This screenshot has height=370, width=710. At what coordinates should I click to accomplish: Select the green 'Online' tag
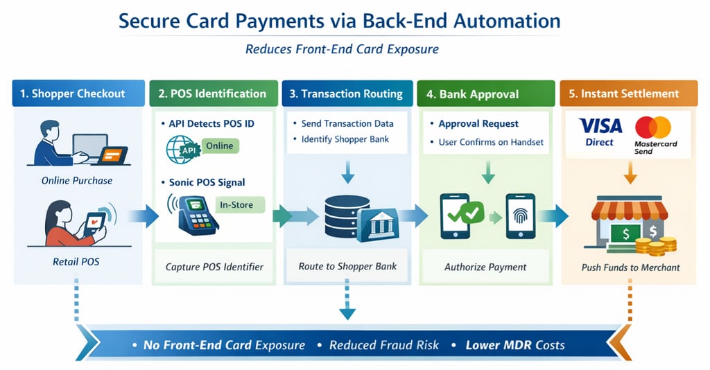point(220,146)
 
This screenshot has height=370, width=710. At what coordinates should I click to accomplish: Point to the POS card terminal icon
point(195,215)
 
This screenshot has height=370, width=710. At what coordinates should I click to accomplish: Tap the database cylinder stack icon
point(347,216)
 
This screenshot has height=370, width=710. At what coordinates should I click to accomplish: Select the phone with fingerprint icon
point(521,216)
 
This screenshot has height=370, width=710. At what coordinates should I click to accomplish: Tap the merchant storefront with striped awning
point(629,222)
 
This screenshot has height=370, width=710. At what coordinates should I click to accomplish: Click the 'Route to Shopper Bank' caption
point(347,267)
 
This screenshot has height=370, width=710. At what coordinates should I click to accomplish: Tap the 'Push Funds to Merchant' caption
point(630,267)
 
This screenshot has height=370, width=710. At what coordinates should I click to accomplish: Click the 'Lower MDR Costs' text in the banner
point(515,345)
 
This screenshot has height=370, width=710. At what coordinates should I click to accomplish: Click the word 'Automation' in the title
point(507,21)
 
